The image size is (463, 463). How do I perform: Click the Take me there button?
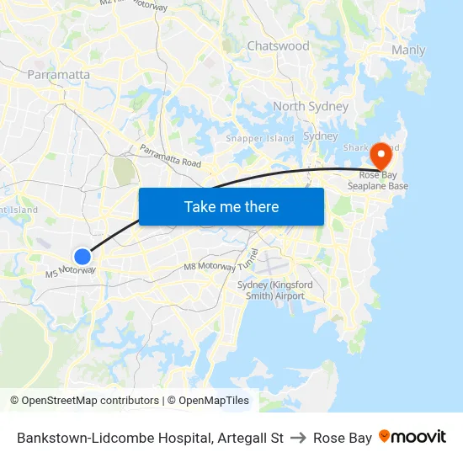[231, 206]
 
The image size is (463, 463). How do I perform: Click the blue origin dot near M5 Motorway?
[82, 257]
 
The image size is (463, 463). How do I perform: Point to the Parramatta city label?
[58, 74]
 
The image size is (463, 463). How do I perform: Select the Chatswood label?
[278, 46]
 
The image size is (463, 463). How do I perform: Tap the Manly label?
[408, 51]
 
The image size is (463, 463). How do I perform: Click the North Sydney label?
[310, 106]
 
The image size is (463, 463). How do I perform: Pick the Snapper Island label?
[259, 138]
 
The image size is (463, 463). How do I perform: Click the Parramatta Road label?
[171, 156]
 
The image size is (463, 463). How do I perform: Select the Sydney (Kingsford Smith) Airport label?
[274, 290]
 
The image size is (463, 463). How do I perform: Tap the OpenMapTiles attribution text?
[211, 401]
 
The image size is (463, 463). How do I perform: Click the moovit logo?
[412, 437]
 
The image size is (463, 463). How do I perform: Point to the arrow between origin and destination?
[298, 438]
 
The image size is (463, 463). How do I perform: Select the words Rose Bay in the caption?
[342, 438]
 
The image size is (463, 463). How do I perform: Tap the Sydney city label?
[320, 136]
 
